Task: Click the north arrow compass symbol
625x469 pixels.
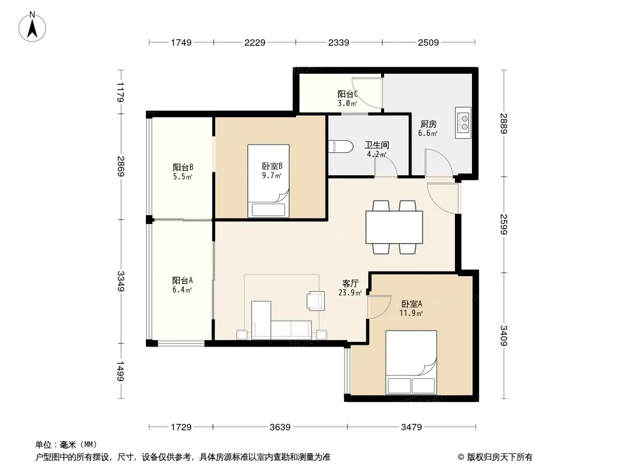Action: point(32,27)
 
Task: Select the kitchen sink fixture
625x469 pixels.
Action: point(463,123)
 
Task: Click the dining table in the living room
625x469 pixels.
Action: point(394,227)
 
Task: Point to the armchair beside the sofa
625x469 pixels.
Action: point(315,301)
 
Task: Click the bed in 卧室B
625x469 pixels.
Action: point(269,181)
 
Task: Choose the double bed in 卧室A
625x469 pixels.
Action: point(411,362)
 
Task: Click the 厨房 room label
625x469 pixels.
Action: point(428,124)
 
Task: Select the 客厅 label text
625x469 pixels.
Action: point(351,283)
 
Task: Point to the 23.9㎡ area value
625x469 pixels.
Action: point(350,293)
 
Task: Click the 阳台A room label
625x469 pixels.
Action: point(182,280)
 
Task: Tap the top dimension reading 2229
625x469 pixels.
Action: point(254,42)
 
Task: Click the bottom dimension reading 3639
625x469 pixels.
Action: point(280,427)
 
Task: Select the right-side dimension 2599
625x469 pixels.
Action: point(504,225)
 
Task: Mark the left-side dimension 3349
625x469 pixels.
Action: point(121,281)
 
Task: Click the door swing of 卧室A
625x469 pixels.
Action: point(379,307)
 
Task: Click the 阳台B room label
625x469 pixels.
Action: point(183,167)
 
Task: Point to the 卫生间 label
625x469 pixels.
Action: point(376,145)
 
